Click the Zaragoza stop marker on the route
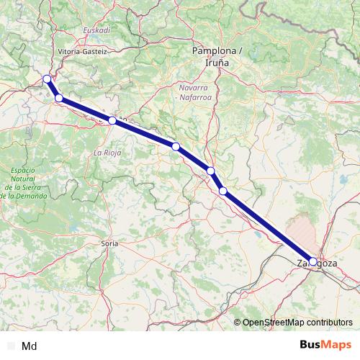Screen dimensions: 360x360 tap(312, 261)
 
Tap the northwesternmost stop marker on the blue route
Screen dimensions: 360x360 tap(47, 79)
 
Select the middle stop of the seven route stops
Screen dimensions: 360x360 tap(176, 147)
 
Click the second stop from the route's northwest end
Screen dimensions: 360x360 tap(59, 99)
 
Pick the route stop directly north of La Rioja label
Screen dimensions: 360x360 tap(112, 121)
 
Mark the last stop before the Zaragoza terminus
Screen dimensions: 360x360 tap(223, 191)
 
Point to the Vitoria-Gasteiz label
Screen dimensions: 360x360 tap(82, 52)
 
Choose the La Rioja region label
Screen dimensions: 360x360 tap(107, 153)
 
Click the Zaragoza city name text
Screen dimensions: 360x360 tap(317, 264)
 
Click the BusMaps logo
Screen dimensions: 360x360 tap(325, 345)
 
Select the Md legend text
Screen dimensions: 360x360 tap(30, 346)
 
